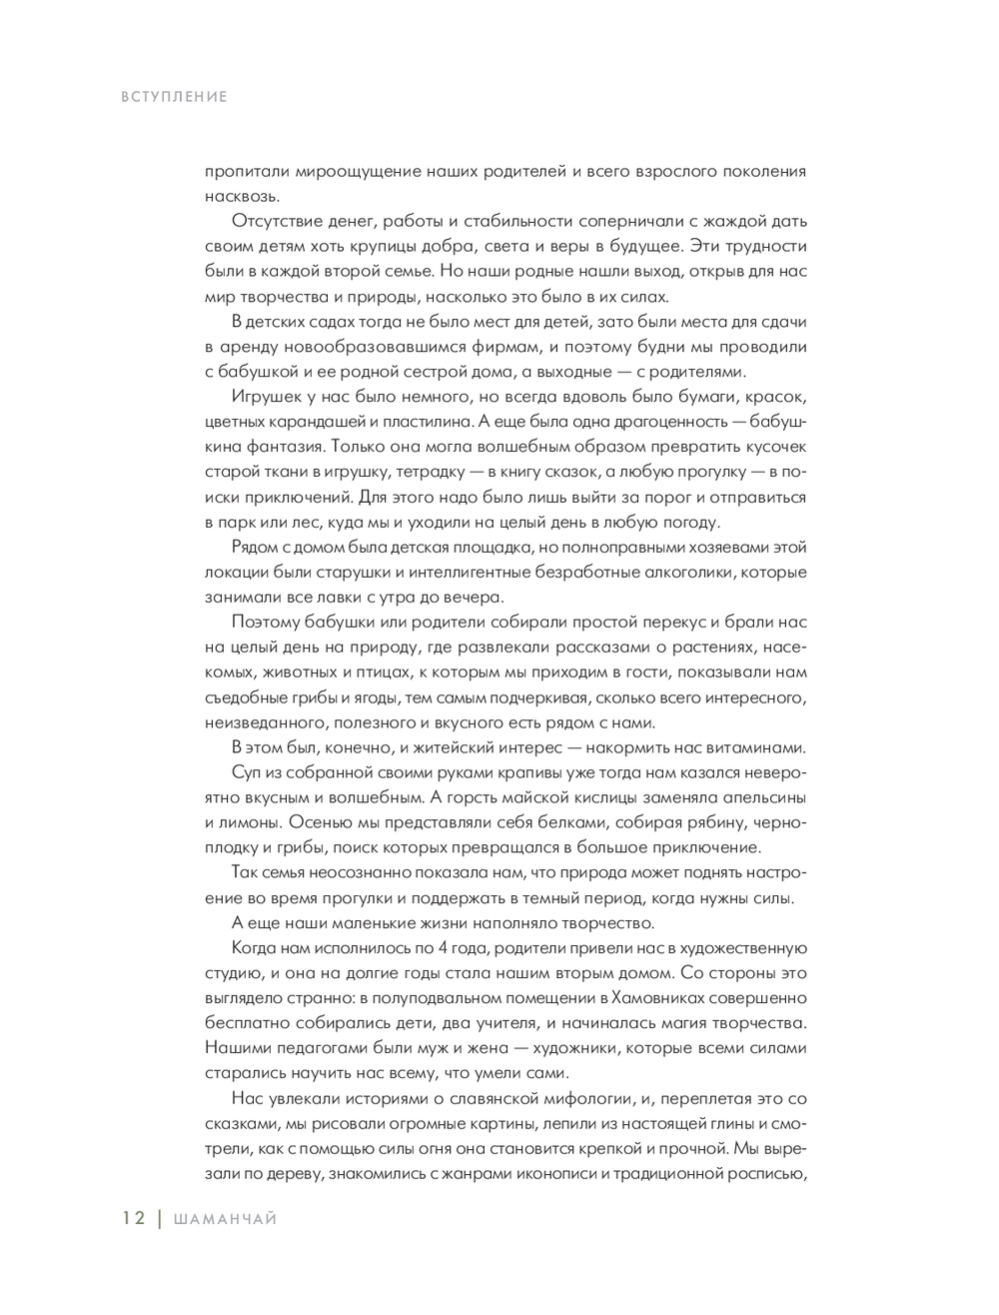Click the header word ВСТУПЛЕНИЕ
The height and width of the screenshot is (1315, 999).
pyautogui.click(x=175, y=97)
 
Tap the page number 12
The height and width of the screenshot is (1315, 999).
pyautogui.click(x=134, y=1218)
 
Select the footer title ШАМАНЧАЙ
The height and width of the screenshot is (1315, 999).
pyautogui.click(x=225, y=1218)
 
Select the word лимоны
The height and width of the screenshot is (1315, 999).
pyautogui.click(x=242, y=822)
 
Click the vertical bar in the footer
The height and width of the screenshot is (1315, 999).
pyautogui.click(x=159, y=1218)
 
